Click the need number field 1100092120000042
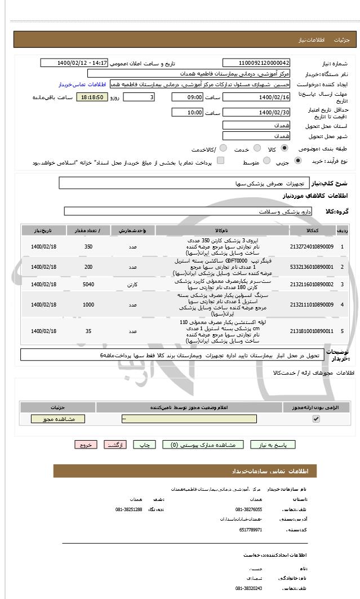[x=256, y=63]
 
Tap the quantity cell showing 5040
[x=88, y=285]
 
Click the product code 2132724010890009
[x=312, y=247]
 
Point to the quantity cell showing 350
[x=88, y=247]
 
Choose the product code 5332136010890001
[x=312, y=267]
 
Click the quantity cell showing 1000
[x=88, y=305]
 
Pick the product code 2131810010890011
[x=312, y=331]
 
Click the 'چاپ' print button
[x=144, y=445]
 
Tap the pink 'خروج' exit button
[x=86, y=445]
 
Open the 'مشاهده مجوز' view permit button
[x=57, y=419]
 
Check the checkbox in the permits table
[x=316, y=419]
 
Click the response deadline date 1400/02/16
[x=256, y=97]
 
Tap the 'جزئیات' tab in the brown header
[x=342, y=40]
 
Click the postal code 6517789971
[x=248, y=530]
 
